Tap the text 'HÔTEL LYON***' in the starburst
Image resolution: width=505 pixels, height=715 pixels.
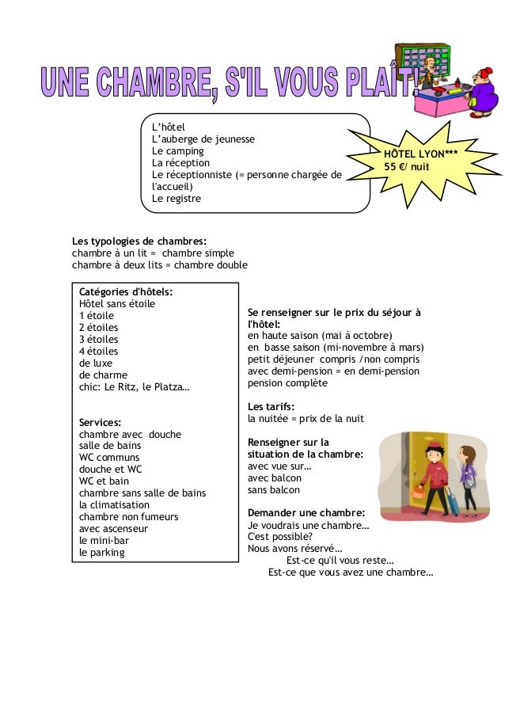tap(420, 154)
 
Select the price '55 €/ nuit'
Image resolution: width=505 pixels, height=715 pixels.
tap(407, 167)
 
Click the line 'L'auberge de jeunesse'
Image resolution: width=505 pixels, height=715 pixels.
tap(203, 139)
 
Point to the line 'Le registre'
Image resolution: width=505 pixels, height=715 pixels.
tap(177, 198)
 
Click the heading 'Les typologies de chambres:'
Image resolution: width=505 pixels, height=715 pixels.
tap(139, 241)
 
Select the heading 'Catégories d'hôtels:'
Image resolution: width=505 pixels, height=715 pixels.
tap(126, 291)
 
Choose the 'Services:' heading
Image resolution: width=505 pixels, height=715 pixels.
tap(100, 422)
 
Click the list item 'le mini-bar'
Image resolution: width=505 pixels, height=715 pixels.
tap(104, 540)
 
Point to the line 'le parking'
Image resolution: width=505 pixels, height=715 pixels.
tap(102, 552)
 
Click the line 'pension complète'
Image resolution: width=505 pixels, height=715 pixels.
tap(287, 382)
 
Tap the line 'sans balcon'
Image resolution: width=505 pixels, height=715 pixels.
tap(274, 489)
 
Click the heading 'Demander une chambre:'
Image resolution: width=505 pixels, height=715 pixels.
tap(306, 512)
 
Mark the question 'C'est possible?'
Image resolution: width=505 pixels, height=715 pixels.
tap(280, 536)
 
